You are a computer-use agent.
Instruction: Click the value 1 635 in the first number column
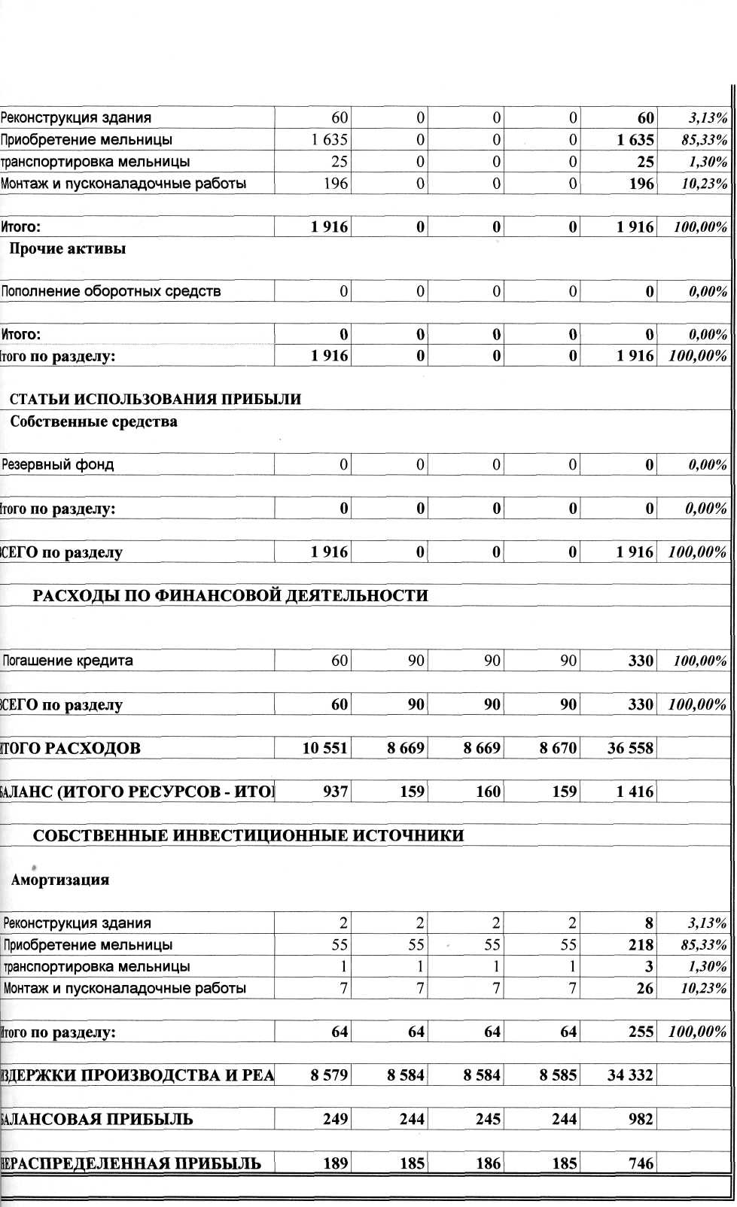pyautogui.click(x=329, y=140)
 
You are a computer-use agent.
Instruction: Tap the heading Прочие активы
pyautogui.click(x=67, y=249)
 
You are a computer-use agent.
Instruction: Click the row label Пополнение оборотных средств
pyautogui.click(x=111, y=292)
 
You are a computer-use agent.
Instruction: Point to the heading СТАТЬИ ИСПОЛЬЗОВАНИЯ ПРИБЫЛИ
pyautogui.click(x=155, y=400)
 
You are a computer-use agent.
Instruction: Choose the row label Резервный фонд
pyautogui.click(x=58, y=465)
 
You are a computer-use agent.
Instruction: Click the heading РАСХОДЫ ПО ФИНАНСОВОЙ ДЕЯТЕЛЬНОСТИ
pyautogui.click(x=230, y=596)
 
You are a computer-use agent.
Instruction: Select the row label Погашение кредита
pyautogui.click(x=69, y=661)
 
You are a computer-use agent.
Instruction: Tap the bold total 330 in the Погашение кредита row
pyautogui.click(x=641, y=661)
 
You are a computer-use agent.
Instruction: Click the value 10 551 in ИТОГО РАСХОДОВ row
pyautogui.click(x=325, y=749)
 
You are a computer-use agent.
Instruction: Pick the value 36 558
pyautogui.click(x=630, y=749)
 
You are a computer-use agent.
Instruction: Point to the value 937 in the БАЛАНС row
pyautogui.click(x=335, y=792)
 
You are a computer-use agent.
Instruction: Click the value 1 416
pyautogui.click(x=635, y=792)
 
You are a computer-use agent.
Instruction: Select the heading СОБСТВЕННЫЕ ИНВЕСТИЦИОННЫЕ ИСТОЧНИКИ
pyautogui.click(x=248, y=835)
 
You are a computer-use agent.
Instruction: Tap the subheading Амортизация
pyautogui.click(x=60, y=880)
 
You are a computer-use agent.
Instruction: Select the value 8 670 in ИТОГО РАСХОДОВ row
pyautogui.click(x=559, y=749)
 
